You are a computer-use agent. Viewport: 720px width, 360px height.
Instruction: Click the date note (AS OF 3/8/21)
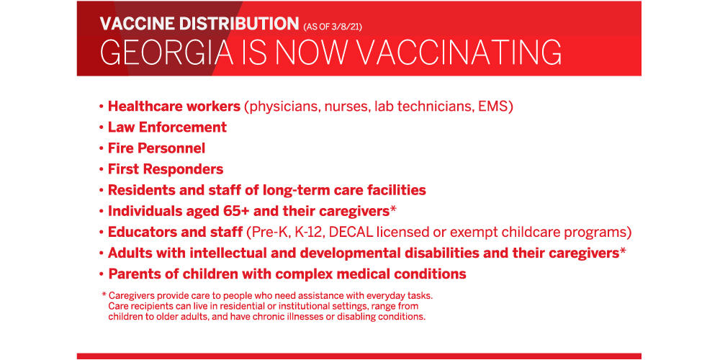tap(333, 27)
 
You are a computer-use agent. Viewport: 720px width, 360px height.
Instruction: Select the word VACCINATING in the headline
tap(459, 52)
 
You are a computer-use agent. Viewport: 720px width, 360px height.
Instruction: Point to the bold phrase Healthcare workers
tap(174, 107)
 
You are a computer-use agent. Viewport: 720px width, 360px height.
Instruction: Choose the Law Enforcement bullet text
tap(167, 127)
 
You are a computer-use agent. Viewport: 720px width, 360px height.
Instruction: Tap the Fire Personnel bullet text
tap(156, 148)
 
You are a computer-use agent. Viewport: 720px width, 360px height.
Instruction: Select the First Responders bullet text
tap(166, 169)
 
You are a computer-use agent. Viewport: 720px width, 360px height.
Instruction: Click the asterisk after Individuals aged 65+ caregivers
tap(393, 209)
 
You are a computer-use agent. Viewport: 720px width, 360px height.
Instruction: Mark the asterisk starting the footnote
tap(104, 294)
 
